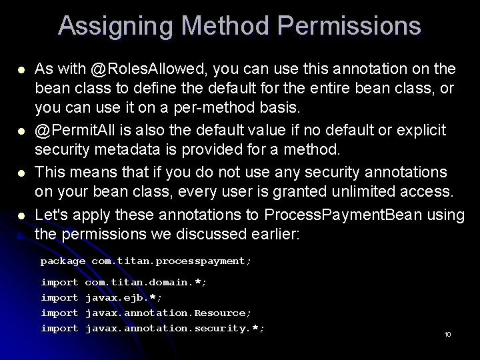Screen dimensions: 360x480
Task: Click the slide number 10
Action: point(447,333)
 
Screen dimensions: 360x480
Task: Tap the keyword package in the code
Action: point(63,261)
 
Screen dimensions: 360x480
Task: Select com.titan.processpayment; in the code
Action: point(171,261)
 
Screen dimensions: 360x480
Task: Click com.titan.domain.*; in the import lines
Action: point(146,283)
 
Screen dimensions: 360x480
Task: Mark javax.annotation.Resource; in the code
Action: point(169,313)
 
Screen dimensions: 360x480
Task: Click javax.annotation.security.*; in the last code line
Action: point(175,328)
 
